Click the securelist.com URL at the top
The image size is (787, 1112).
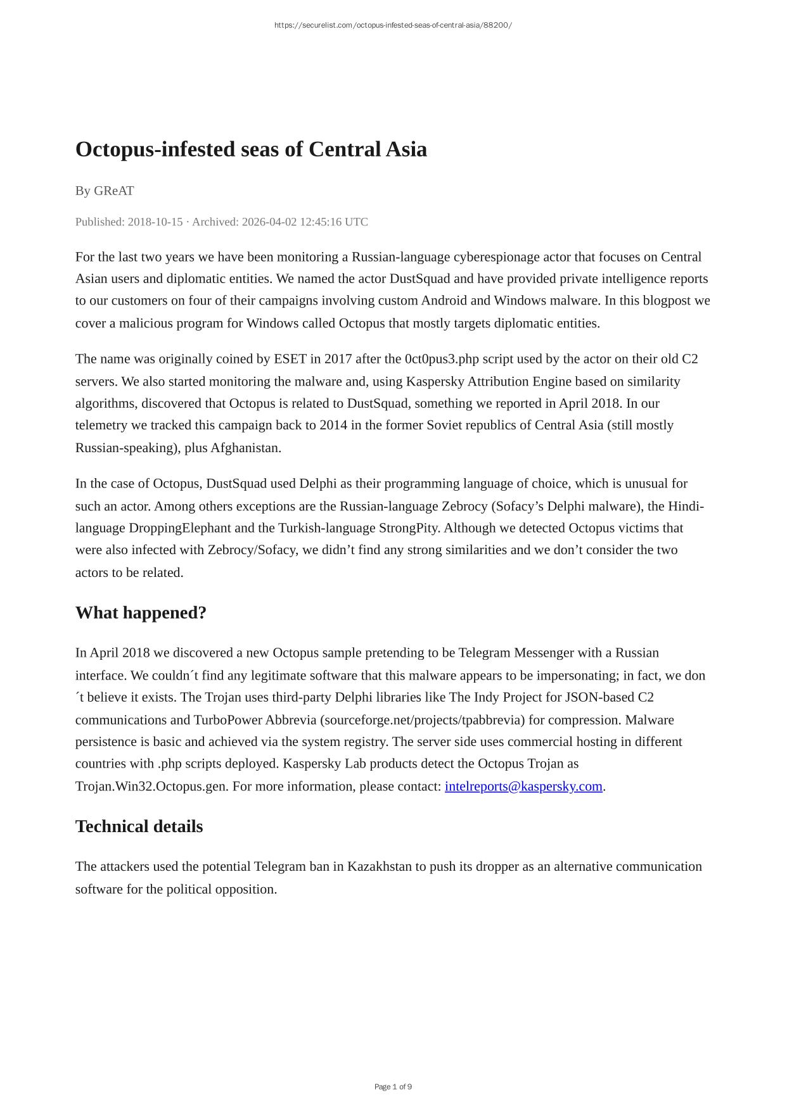point(393,25)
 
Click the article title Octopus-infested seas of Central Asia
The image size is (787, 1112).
point(251,149)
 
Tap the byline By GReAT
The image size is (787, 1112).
point(105,191)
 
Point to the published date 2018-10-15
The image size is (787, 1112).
point(155,222)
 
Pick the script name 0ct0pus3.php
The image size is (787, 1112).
point(442,359)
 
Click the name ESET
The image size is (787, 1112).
point(290,359)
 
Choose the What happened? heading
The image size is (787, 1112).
point(141,613)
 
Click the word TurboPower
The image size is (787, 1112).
point(227,720)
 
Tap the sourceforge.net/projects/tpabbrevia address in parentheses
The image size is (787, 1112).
point(425,720)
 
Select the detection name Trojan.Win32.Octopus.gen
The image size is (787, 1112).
point(151,787)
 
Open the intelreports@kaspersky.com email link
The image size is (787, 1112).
point(523,787)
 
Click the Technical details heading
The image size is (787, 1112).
point(139,826)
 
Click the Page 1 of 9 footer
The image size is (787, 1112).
point(393,1087)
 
